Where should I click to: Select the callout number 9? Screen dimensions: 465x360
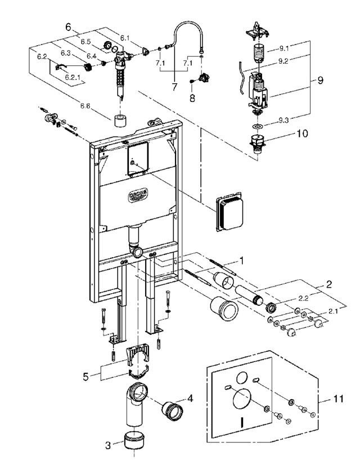pos(320,81)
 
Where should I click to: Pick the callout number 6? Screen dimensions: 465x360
pos(69,26)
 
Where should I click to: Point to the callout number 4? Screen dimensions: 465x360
pos(190,397)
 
